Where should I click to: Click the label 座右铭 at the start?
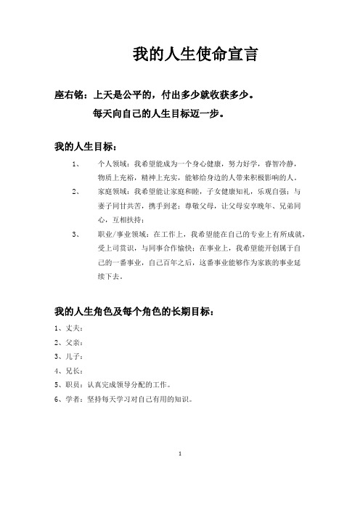(71, 94)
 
